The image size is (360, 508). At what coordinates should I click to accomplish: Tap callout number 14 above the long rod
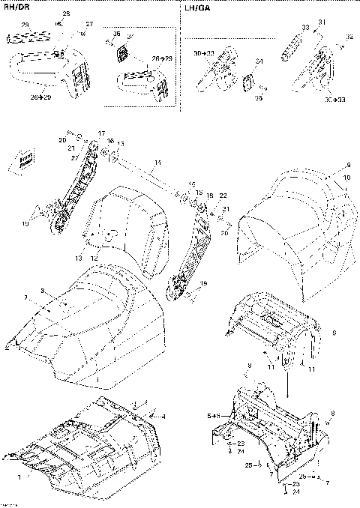[157, 163]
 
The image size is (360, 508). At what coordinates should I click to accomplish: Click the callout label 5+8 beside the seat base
[213, 414]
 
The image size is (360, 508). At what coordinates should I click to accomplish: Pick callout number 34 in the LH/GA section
[259, 61]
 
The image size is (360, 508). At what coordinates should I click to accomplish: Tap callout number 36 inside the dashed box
[116, 34]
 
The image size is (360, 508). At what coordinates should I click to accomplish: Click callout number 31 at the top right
[322, 22]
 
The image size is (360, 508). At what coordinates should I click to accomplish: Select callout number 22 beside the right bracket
[223, 196]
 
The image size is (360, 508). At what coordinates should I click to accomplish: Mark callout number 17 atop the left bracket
[102, 133]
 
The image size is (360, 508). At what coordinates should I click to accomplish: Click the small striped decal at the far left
[26, 157]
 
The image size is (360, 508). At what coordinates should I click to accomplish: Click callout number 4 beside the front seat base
[163, 416]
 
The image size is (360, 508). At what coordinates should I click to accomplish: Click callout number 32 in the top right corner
[349, 37]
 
